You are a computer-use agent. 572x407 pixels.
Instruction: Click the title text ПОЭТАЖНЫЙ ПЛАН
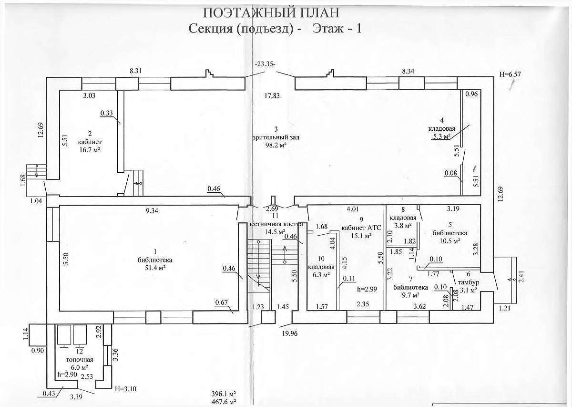[271, 12]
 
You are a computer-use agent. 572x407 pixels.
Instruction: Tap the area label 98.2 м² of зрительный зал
[276, 145]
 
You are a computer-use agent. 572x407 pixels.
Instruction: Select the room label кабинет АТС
[361, 228]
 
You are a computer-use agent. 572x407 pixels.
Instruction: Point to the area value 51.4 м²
[155, 268]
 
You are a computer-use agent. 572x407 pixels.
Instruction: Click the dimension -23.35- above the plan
[265, 64]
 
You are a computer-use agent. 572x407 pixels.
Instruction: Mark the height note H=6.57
[510, 74]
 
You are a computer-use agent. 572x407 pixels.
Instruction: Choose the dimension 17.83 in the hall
[272, 95]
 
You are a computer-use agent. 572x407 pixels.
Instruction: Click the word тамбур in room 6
[469, 282]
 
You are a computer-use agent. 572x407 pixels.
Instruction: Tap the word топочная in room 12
[80, 359]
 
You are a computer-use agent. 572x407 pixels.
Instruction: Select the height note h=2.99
[367, 289]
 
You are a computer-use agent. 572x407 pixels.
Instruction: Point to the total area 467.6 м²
[224, 402]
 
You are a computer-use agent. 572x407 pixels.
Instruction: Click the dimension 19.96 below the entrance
[290, 334]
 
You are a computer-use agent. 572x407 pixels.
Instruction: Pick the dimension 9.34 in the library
[152, 211]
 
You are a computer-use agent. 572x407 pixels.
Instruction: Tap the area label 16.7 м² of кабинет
[90, 149]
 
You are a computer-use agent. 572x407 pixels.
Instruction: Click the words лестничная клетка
[276, 224]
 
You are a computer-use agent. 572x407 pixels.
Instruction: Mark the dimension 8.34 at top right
[408, 71]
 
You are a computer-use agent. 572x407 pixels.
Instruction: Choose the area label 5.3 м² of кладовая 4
[441, 136]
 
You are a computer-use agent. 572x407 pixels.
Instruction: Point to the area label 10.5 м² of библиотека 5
[450, 241]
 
